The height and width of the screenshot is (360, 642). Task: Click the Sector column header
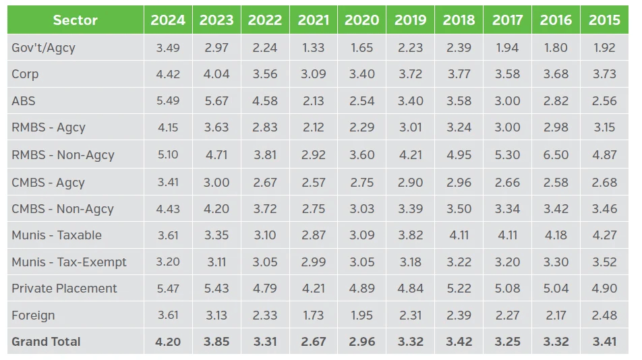click(75, 20)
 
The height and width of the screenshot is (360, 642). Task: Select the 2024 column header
click(168, 20)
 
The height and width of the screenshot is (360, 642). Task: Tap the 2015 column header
click(604, 20)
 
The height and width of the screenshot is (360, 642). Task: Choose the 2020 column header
click(361, 20)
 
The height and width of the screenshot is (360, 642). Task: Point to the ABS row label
click(24, 101)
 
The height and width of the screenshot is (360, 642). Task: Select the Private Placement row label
click(64, 289)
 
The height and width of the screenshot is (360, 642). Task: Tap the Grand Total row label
click(46, 342)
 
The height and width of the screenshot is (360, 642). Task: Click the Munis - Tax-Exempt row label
click(69, 262)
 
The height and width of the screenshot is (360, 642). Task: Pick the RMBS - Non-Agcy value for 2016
click(556, 155)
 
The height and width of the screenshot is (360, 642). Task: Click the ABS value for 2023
click(216, 101)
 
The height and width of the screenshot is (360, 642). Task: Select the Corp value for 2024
click(168, 74)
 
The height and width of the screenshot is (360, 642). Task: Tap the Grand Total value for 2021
click(314, 342)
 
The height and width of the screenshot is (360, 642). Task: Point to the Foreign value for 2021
click(314, 316)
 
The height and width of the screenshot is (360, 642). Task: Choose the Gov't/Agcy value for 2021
click(314, 47)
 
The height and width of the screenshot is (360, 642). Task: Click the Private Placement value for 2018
click(459, 289)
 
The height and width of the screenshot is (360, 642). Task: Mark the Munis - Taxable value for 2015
click(604, 235)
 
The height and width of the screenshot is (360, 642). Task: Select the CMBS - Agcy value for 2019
click(410, 182)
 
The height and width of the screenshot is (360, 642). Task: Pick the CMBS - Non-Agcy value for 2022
click(265, 209)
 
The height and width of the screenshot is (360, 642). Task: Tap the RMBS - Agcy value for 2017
click(507, 127)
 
